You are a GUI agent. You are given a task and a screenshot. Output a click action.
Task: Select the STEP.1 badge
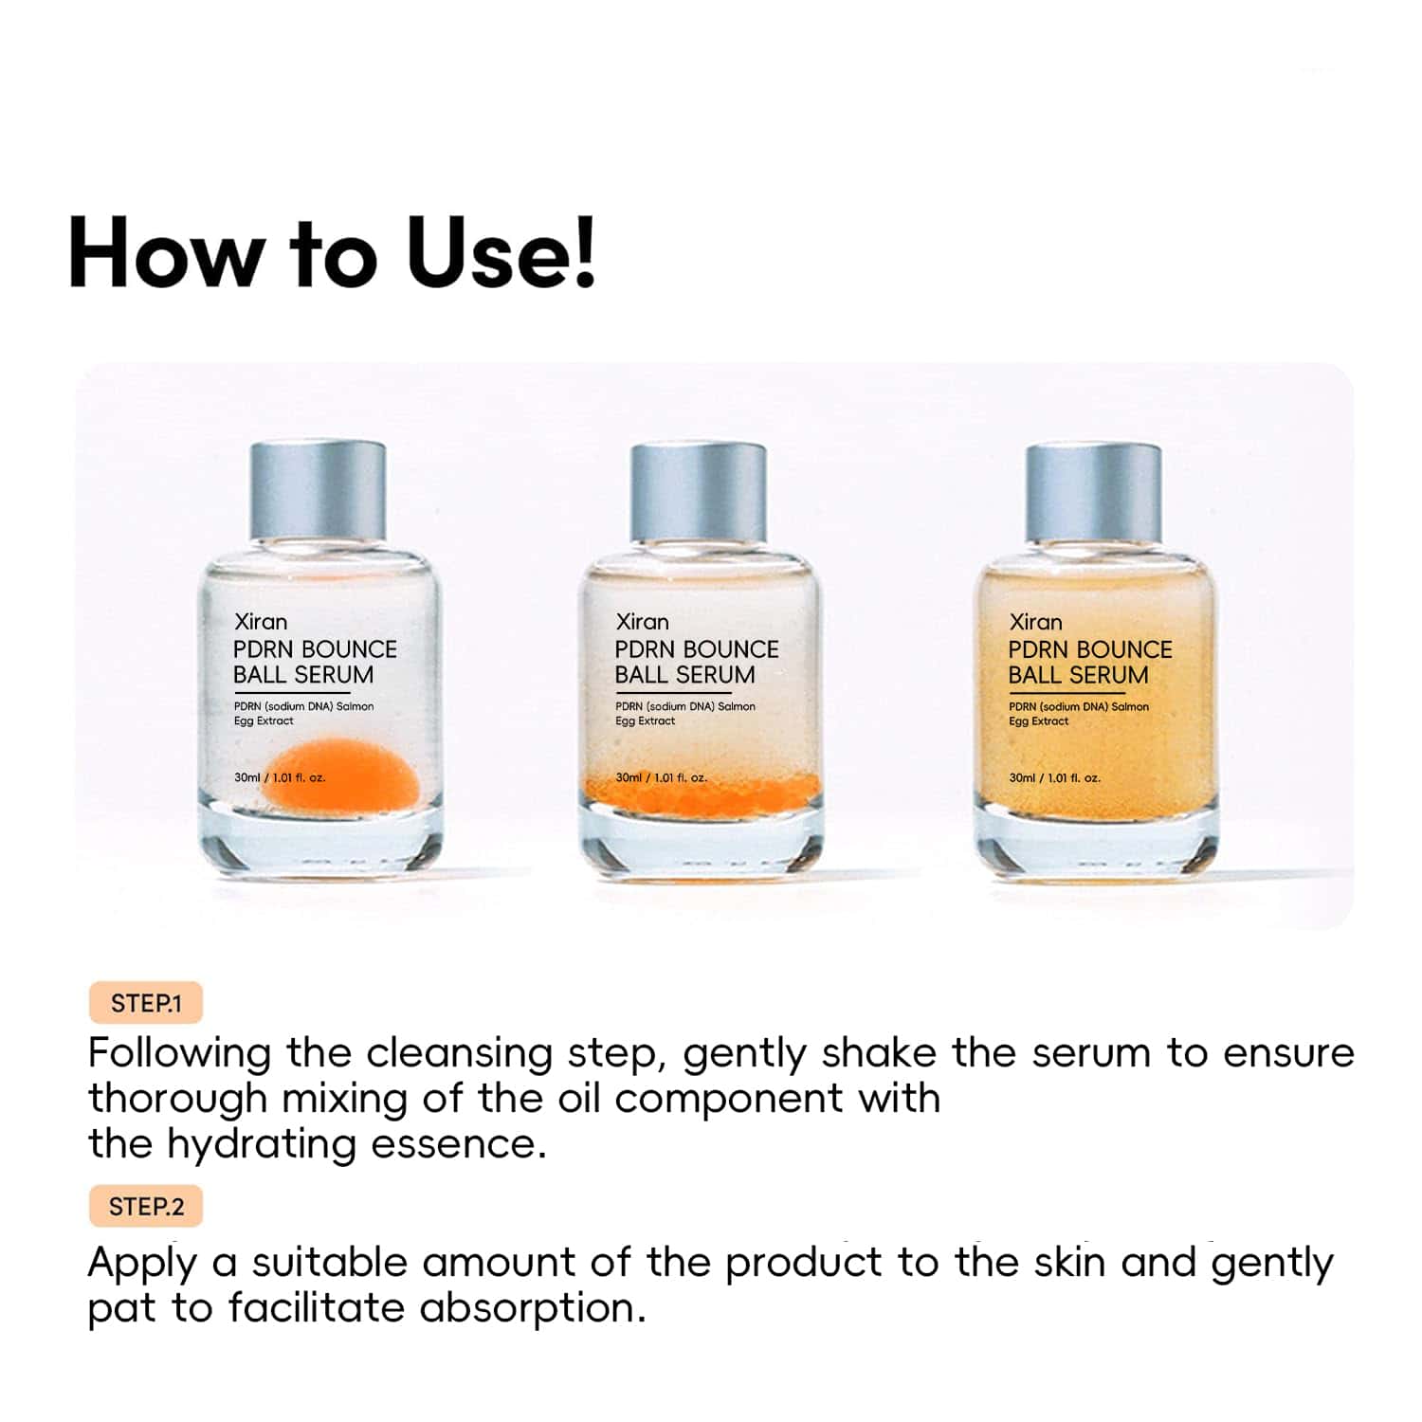146,1003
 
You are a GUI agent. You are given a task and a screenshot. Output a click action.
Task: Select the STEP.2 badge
146,1206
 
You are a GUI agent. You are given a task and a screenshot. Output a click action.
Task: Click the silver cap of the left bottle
318,490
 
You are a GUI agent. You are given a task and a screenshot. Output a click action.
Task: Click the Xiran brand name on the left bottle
261,622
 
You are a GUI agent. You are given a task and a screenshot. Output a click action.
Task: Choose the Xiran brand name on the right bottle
1035,622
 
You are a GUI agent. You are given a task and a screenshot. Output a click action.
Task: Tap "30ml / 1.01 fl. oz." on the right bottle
1054,777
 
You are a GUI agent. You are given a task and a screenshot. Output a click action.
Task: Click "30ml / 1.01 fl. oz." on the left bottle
280,777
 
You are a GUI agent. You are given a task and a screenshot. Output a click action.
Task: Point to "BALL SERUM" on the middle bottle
684,675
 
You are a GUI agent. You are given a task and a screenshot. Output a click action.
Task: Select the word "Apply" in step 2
142,1264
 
